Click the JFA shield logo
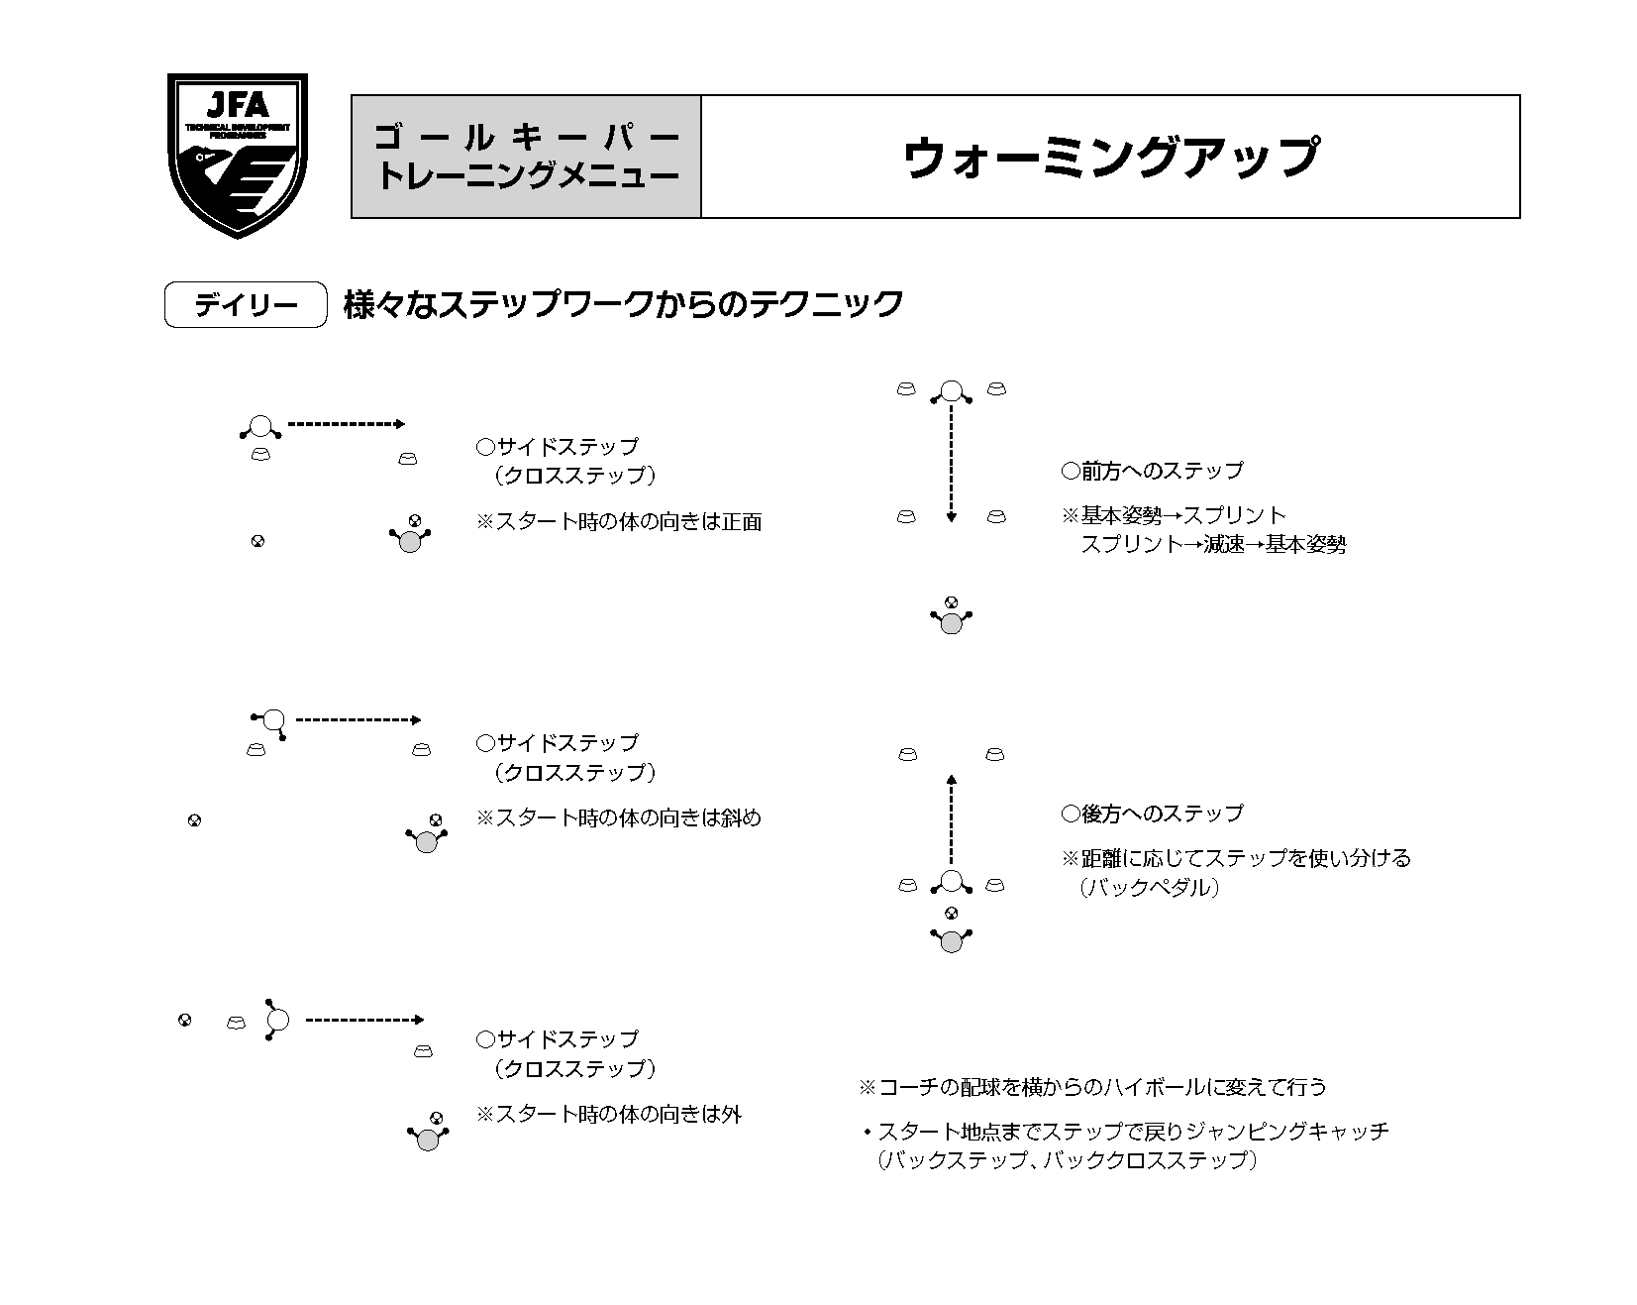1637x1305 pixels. point(237,156)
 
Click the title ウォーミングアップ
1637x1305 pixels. point(1110,157)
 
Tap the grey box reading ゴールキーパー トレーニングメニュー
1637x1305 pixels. point(527,157)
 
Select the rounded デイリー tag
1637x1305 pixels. point(246,305)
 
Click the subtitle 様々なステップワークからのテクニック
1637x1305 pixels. point(623,304)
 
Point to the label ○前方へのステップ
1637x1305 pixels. point(1151,471)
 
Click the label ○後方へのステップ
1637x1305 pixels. point(1151,814)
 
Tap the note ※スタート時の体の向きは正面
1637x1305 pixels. point(619,522)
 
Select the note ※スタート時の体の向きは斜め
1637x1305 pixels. point(619,818)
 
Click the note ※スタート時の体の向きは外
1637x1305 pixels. point(609,1115)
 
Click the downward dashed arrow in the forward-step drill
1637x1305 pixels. point(951,463)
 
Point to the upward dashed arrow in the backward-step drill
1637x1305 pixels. point(951,820)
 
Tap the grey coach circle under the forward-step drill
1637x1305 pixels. point(951,623)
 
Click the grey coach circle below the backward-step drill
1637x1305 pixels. point(951,941)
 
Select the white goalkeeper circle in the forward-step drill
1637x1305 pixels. point(951,390)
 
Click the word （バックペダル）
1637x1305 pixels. point(1149,888)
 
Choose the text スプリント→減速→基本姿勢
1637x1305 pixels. point(1212,545)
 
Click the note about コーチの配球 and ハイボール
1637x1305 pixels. point(1092,1087)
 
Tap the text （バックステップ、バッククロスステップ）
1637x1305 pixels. point(1067,1160)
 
